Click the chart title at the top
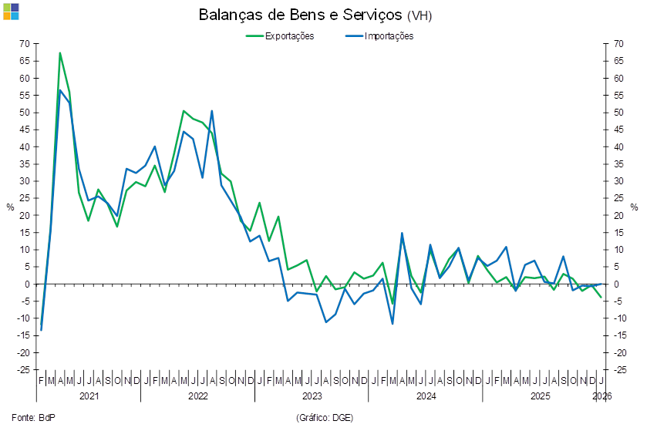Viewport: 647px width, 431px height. tap(316, 15)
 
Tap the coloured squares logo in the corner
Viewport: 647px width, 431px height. tap(11, 11)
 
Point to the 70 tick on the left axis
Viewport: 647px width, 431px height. tap(25, 44)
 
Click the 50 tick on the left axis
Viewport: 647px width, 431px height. tap(25, 113)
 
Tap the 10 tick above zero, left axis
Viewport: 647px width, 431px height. tap(25, 250)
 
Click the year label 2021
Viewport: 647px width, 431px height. tap(89, 396)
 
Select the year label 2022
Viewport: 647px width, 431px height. tap(198, 396)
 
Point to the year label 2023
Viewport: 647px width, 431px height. tap(312, 396)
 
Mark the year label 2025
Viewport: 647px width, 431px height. tap(539, 396)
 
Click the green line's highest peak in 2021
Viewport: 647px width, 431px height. tap(60, 52)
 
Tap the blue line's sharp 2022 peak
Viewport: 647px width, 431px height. tap(212, 111)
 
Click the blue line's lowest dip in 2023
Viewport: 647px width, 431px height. tap(326, 322)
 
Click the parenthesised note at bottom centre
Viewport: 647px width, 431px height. tap(324, 417)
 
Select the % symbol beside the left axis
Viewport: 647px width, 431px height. tap(10, 207)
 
